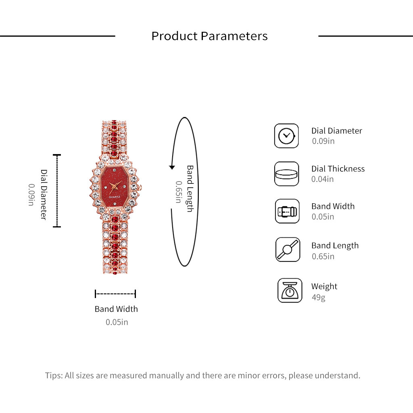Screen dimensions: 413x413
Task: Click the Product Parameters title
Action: pos(209,36)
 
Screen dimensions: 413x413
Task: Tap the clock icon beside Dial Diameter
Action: pos(286,136)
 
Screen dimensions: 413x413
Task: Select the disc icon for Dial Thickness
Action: pos(286,174)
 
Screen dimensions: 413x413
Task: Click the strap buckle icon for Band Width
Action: pos(287,211)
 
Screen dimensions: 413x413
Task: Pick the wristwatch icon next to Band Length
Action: pos(288,249)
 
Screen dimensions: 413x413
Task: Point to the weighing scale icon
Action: pos(290,290)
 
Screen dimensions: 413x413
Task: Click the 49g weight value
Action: pos(319,297)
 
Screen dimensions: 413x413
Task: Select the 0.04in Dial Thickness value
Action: pos(322,179)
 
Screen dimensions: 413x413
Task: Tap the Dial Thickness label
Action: pos(338,169)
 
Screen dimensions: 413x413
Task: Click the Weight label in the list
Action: pos(324,286)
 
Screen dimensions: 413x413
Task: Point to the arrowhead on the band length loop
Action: pos(172,167)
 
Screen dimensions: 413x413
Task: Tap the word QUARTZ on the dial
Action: pos(114,197)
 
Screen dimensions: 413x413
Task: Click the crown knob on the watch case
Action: pos(140,187)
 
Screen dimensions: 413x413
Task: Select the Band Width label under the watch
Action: pos(116,309)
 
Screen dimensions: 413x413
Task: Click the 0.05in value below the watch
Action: pos(117,322)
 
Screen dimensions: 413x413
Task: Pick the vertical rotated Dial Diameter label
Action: pos(44,194)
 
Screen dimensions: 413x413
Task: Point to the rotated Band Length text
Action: pos(190,189)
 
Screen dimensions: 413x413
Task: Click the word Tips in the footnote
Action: pos(54,375)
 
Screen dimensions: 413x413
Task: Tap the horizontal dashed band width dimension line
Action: pos(115,294)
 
